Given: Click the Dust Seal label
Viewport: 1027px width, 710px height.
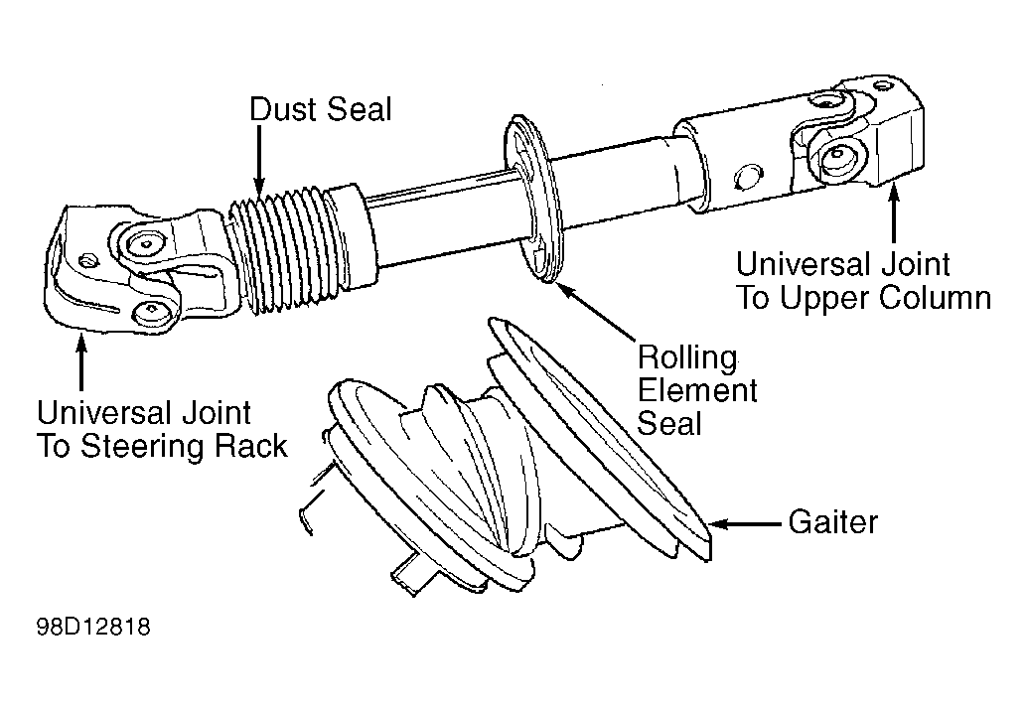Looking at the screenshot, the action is click(321, 109).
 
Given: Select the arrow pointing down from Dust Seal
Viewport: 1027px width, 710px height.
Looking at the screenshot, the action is click(260, 161).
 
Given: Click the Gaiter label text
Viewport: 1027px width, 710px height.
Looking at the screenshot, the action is click(832, 522).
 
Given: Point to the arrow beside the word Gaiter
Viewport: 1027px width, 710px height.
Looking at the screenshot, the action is click(745, 524).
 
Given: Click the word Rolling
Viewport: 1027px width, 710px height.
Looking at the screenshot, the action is click(687, 357).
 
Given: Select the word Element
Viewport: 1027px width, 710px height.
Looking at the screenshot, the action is click(697, 390).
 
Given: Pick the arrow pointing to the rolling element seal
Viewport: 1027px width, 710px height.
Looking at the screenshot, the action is click(597, 313).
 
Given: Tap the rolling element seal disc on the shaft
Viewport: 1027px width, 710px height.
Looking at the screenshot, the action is click(534, 200).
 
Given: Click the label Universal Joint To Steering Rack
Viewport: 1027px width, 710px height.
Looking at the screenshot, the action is click(162, 430).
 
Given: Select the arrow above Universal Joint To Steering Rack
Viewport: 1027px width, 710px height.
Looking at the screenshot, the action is click(81, 362).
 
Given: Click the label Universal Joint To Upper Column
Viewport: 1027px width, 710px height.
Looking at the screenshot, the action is click(863, 281).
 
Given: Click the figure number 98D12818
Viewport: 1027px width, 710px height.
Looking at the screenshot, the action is click(93, 627).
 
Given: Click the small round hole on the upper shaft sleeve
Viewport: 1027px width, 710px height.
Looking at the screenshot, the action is click(749, 178).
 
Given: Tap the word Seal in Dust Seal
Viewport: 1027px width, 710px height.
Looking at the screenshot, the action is click(359, 109).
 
